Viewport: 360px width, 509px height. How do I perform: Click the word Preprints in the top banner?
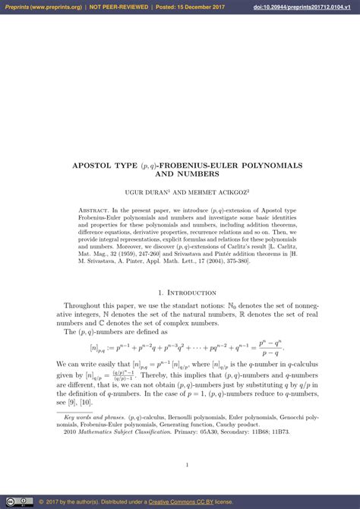coord(17,7)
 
